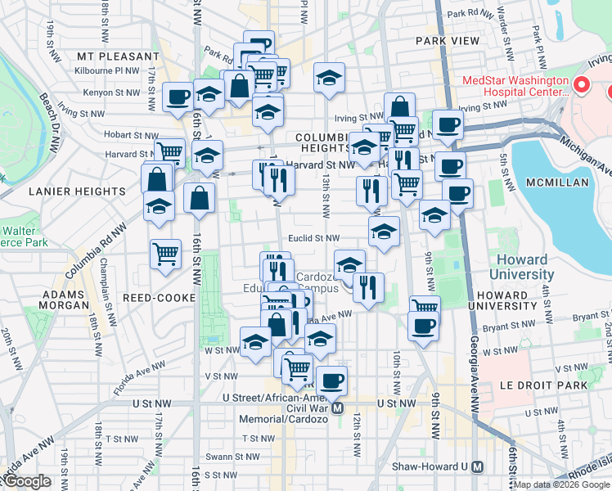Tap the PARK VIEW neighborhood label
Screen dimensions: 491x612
point(447,40)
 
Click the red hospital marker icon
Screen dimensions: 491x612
point(582,84)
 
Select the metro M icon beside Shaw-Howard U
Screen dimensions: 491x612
point(478,466)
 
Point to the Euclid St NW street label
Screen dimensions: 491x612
point(313,238)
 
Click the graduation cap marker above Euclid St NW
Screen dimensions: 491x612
point(384,231)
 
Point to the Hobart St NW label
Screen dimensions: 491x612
point(131,135)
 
